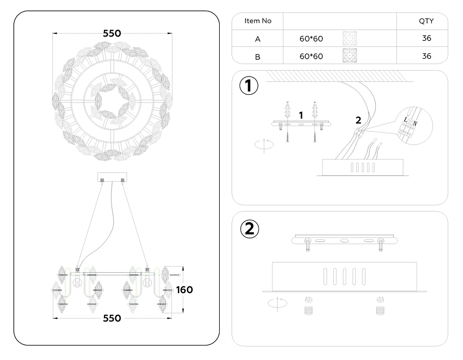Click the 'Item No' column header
[258, 21]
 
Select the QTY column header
[426, 21]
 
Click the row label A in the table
[258, 39]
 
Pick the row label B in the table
[258, 57]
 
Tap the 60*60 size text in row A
[311, 39]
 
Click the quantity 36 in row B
[427, 56]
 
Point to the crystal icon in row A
[349, 38]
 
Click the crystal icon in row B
[349, 56]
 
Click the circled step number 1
[249, 86]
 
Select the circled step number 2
[250, 229]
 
